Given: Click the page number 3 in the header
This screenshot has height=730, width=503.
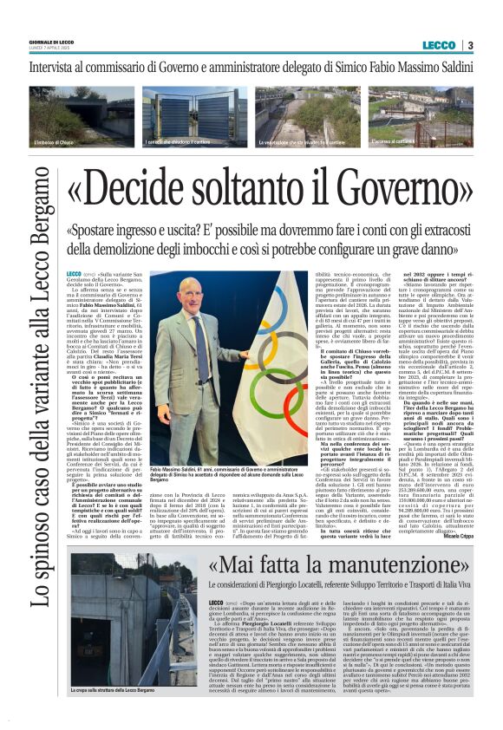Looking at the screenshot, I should tap(470, 45).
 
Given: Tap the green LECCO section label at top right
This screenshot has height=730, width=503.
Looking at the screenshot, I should tap(439, 45).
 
